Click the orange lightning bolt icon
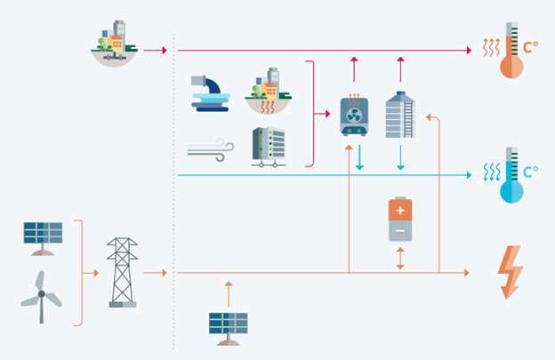click(x=511, y=270)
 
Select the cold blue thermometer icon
click(x=511, y=175)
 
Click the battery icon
click(x=400, y=220)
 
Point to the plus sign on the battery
click(x=400, y=211)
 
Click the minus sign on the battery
click(x=400, y=230)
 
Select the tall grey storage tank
click(x=400, y=114)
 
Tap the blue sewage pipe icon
click(x=211, y=93)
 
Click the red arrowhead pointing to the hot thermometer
click(x=468, y=51)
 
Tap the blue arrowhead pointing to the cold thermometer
click(x=468, y=175)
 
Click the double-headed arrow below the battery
click(x=400, y=259)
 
